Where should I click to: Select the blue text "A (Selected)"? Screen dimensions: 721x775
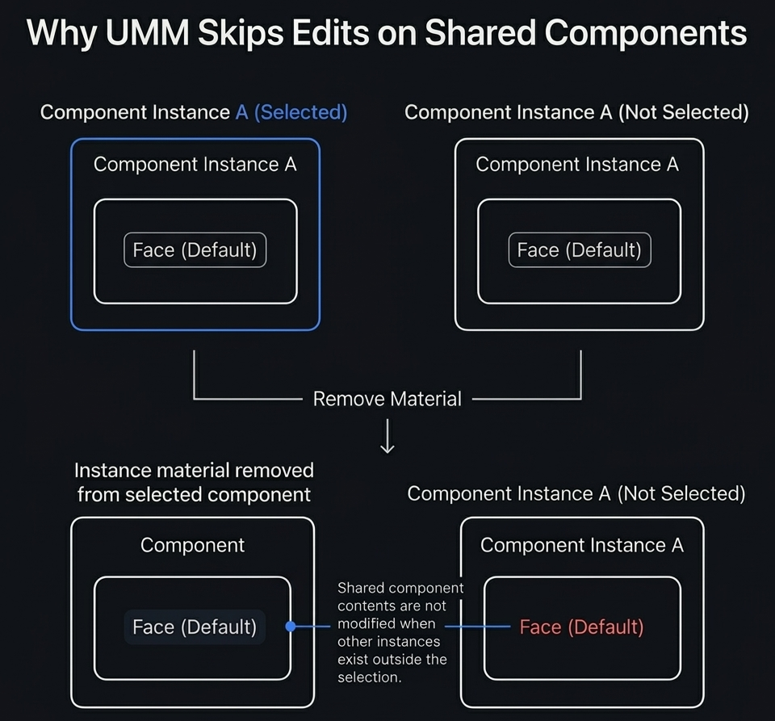[291, 112]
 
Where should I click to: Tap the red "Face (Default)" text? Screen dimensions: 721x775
[581, 627]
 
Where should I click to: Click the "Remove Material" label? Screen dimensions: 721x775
[387, 399]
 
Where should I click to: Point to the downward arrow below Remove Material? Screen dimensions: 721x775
[387, 436]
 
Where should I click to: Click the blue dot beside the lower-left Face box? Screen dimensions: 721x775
[291, 627]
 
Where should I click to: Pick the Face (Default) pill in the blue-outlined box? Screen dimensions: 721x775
[195, 250]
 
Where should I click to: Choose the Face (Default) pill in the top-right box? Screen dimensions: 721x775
[579, 250]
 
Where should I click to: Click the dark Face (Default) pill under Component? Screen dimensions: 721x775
[195, 627]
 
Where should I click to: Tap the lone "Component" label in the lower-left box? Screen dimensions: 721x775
[192, 545]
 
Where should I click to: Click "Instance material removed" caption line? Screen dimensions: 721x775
[194, 471]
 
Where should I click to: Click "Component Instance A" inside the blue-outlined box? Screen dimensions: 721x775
[195, 165]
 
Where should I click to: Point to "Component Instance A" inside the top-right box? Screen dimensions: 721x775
[577, 165]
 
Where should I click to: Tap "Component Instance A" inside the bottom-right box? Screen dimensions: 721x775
[581, 545]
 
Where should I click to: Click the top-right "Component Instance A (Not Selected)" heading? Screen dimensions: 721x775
[576, 112]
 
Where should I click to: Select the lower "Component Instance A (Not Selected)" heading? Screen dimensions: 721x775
[576, 493]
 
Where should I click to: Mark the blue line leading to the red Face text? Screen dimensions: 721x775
[476, 627]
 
